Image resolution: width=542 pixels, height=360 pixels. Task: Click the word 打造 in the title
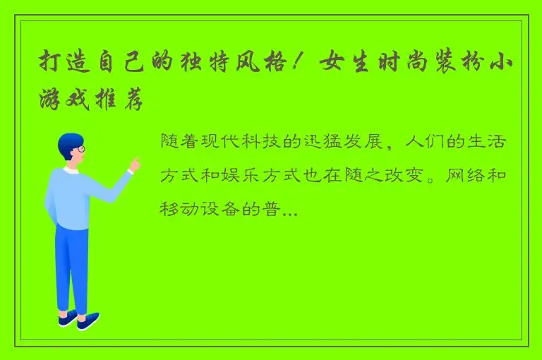point(63,64)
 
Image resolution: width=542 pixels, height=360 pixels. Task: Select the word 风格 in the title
point(255,64)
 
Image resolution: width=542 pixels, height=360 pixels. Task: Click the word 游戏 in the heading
point(76,101)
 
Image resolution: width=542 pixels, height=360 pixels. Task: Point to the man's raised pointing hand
point(134,164)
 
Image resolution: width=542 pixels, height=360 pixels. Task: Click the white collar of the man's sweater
point(71,170)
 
